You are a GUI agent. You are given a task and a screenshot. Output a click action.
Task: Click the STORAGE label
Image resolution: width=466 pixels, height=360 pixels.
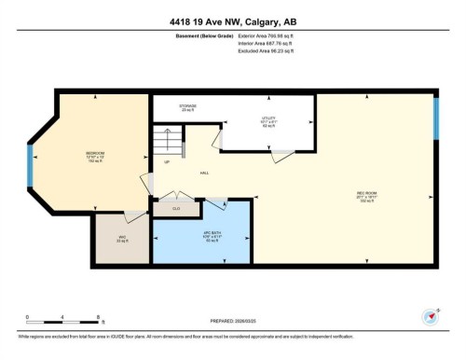point(187,107)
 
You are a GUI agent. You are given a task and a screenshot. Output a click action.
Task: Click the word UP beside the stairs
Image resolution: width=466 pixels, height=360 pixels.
point(167,162)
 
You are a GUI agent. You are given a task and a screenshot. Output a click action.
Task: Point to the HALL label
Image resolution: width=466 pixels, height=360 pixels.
point(203,173)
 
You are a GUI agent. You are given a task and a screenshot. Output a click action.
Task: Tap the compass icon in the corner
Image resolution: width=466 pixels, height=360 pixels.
point(430,315)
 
